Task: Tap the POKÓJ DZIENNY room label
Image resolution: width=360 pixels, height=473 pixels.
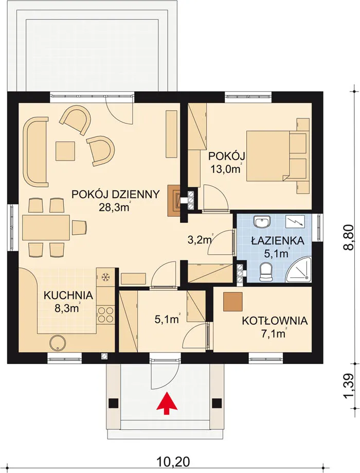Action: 116,195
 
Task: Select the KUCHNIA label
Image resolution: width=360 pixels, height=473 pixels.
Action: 68,295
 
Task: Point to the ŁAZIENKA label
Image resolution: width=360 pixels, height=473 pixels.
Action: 277,241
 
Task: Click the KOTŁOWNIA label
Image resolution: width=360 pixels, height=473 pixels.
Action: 275,321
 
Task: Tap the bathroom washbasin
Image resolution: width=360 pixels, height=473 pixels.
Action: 261,222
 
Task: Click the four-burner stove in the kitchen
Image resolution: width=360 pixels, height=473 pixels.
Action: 105,315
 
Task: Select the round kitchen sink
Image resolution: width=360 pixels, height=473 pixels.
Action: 57,343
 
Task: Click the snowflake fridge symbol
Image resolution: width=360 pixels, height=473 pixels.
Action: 105,277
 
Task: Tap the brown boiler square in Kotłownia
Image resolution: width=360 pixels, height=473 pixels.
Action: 233,302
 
